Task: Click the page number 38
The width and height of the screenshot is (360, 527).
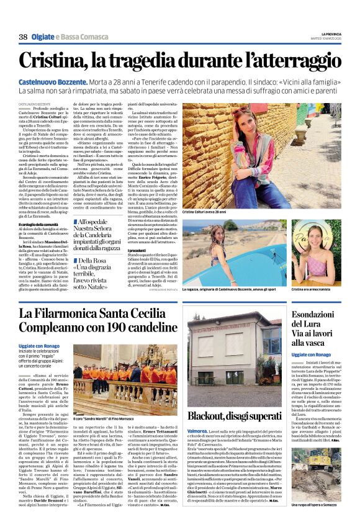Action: pos(23,37)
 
